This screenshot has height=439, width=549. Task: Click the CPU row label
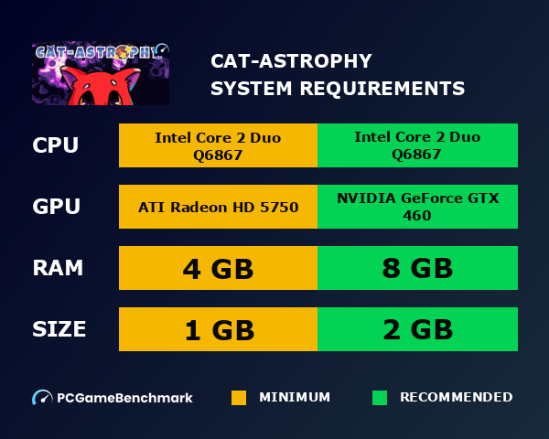[x=55, y=145]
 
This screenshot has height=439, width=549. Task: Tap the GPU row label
[x=56, y=207]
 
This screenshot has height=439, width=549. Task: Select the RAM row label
[x=58, y=268]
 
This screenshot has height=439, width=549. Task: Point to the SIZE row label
[x=59, y=329]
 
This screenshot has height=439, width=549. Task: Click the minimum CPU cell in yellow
[x=218, y=145]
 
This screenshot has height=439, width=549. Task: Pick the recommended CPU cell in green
[x=417, y=145]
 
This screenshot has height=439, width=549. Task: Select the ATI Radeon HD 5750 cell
[x=218, y=207]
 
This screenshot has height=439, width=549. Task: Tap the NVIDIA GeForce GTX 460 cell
[x=417, y=207]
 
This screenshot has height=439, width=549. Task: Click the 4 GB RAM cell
[x=218, y=268]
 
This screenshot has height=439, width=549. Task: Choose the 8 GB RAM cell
[x=417, y=268]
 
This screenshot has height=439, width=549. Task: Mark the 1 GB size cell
[x=218, y=329]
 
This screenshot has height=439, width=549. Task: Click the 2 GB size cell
[x=417, y=329]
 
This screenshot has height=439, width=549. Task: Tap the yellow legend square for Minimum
[x=239, y=398]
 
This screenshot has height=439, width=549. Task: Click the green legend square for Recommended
[x=380, y=398]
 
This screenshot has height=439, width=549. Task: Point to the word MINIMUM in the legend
[x=295, y=398]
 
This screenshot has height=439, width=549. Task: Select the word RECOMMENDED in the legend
[x=456, y=398]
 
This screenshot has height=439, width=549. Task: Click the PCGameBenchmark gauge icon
[x=42, y=398]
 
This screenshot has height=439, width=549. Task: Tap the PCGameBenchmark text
[x=124, y=398]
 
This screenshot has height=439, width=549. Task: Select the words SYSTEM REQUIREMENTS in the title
[x=337, y=89]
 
